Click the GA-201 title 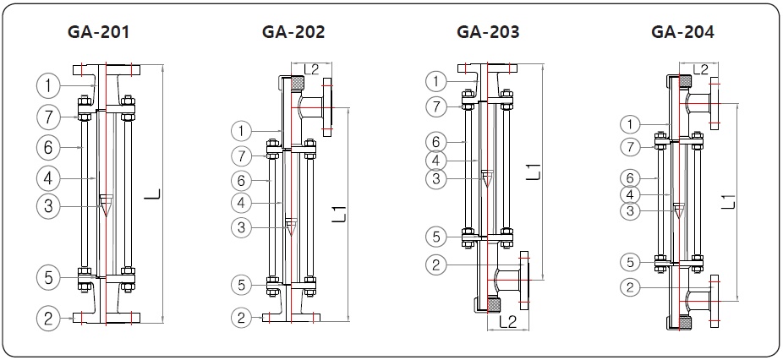point(98,33)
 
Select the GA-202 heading point(293,33)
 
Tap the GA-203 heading point(488,33)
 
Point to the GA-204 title point(682,33)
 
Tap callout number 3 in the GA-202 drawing point(243,227)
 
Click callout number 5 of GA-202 point(243,285)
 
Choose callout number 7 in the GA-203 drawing point(435,107)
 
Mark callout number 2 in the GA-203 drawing point(435,265)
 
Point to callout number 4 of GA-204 point(629,194)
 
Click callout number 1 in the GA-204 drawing point(629,124)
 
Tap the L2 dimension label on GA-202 point(310,68)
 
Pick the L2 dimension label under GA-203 point(509,321)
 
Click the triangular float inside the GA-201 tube point(105,204)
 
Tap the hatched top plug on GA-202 point(298,83)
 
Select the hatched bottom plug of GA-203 point(488,304)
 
